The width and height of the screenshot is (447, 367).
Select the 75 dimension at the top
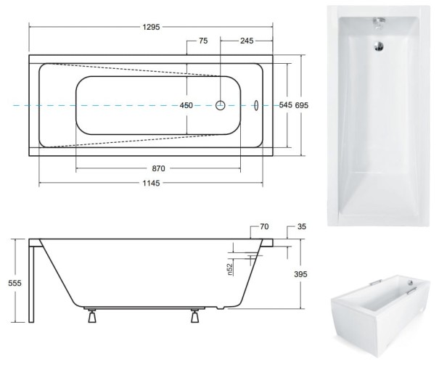[x=202, y=41]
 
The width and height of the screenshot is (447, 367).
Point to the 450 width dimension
[x=186, y=106]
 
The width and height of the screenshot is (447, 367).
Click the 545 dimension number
[x=285, y=106]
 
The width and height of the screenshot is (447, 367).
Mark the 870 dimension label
[x=158, y=168]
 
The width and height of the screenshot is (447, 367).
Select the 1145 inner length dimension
[x=150, y=183]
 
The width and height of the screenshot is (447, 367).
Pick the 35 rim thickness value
[x=302, y=227]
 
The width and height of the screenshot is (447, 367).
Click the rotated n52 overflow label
[x=229, y=269]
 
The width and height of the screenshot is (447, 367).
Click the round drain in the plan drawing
[x=221, y=105]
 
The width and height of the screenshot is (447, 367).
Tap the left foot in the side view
[x=91, y=317]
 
